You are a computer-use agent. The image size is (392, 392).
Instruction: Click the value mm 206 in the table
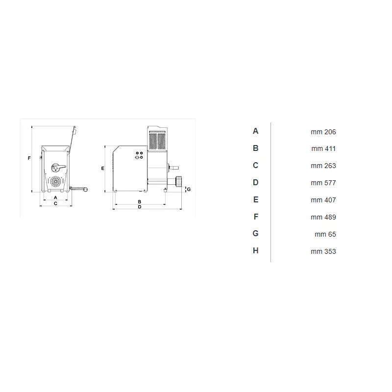[x=323, y=132]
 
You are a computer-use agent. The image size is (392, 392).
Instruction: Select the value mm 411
[x=323, y=149]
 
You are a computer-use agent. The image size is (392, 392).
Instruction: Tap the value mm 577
[x=323, y=183]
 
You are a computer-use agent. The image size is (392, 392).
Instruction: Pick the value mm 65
[x=325, y=234]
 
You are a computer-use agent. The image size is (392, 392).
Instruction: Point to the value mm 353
[x=323, y=251]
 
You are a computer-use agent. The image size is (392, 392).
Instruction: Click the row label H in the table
[x=255, y=250]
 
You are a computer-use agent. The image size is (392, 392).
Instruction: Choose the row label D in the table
[x=255, y=182]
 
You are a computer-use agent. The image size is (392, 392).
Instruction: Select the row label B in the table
[x=255, y=148]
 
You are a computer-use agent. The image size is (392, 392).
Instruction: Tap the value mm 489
[x=323, y=217]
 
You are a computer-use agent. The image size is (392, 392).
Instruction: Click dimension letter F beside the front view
[x=29, y=158]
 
